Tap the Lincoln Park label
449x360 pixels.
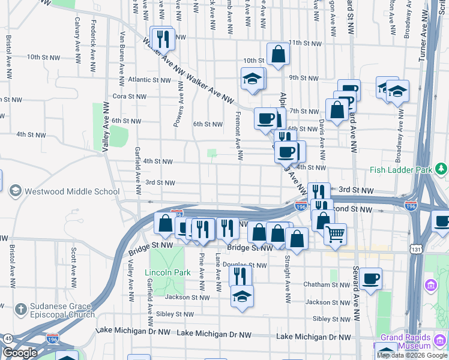coord(167,272)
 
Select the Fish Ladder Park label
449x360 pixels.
coord(402,170)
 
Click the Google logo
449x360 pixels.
coord(19,353)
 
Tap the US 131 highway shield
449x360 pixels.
coord(417,248)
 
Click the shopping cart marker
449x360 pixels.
coord(335,233)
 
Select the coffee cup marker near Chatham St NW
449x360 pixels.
coord(370,278)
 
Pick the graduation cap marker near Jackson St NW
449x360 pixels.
coord(242,296)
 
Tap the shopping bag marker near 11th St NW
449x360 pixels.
coord(279,54)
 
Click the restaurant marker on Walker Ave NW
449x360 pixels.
coord(163,39)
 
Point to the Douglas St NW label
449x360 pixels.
coord(244,265)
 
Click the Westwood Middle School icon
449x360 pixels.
coord(15,191)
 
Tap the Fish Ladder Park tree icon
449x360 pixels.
coord(441,169)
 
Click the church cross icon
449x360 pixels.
coord(20,310)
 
